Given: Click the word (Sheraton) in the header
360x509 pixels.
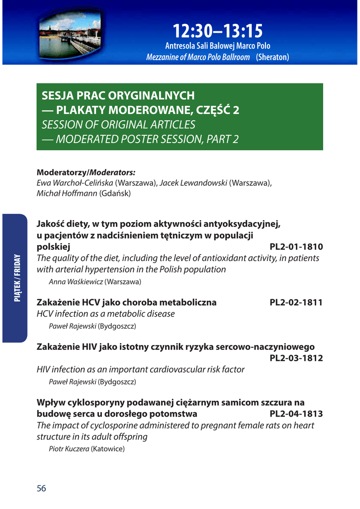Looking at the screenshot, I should point(272,57).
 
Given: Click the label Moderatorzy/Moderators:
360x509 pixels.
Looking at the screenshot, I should point(86,172).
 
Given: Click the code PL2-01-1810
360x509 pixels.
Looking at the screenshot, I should point(296,247).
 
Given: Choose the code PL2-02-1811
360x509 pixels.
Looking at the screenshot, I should point(296,302).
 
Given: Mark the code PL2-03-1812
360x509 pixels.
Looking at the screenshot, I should point(296,358).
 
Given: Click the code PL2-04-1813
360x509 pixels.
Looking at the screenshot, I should point(296,414).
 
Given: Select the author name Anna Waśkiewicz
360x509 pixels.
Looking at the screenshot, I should point(76,282).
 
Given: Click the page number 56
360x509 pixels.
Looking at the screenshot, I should point(41,488).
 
